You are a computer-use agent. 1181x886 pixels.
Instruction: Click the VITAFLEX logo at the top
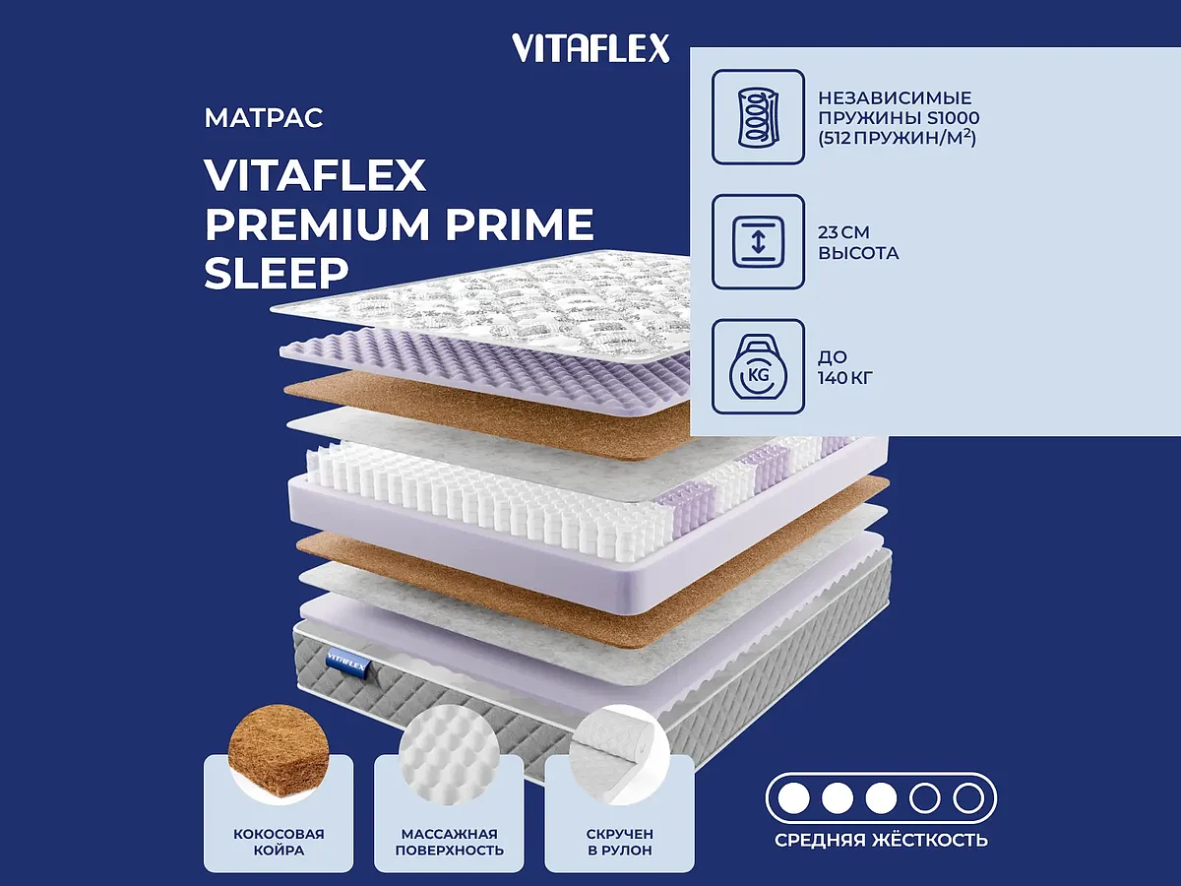coord(590,47)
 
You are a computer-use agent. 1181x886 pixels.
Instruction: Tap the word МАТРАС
coord(264,119)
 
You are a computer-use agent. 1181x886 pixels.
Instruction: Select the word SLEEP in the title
coord(276,273)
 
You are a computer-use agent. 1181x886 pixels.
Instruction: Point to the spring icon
coord(758,116)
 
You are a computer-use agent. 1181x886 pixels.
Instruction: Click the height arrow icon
coord(758,242)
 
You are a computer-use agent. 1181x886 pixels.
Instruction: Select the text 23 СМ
coord(844,233)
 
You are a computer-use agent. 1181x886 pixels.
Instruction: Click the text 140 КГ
coord(846,376)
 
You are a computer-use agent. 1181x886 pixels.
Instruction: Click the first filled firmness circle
coord(792,797)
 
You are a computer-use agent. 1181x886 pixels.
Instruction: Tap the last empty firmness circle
coord(969,797)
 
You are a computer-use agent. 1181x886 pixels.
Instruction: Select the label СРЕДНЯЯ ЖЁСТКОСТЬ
coord(881,840)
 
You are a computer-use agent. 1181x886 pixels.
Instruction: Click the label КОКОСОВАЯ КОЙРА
coord(279,842)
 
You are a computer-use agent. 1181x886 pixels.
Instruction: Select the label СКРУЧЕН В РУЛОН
coord(620,842)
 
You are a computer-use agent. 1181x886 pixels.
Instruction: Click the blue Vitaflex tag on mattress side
coord(341,657)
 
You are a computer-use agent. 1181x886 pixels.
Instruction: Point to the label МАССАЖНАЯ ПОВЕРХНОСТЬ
coord(449,842)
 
